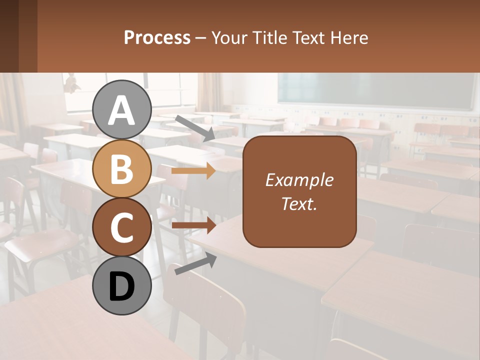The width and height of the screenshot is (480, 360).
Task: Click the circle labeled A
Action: click(x=122, y=109)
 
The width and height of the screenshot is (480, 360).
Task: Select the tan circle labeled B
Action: click(x=122, y=168)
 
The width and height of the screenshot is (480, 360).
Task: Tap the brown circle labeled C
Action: click(x=122, y=227)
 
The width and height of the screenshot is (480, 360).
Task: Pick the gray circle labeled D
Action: click(x=122, y=285)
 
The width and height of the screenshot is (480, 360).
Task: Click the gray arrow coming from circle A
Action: click(x=194, y=127)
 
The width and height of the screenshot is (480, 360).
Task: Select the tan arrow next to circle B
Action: click(x=193, y=171)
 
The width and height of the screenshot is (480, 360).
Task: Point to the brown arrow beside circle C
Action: click(x=193, y=225)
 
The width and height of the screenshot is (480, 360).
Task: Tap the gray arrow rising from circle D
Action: click(x=195, y=264)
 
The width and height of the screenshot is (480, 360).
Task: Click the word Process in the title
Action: click(x=157, y=37)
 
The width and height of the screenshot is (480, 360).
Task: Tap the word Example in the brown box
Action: click(x=299, y=180)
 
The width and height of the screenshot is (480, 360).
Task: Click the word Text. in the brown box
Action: click(x=299, y=203)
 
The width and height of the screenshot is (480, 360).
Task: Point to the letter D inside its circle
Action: click(x=122, y=286)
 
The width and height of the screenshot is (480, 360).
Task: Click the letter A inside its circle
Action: click(x=122, y=110)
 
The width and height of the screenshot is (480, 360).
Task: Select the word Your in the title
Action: click(x=229, y=37)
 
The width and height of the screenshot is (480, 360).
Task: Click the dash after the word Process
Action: click(x=201, y=38)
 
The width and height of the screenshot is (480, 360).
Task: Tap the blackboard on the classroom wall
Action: click(x=375, y=90)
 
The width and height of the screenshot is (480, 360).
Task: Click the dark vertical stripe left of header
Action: click(x=27, y=36)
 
